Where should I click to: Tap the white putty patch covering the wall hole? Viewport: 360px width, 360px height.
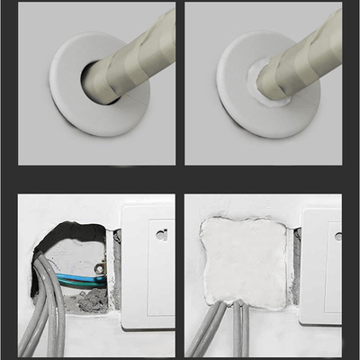(x=243, y=261)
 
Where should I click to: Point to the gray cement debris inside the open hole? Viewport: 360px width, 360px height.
(x=90, y=301)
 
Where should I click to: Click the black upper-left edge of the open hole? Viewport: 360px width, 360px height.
(x=45, y=238)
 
